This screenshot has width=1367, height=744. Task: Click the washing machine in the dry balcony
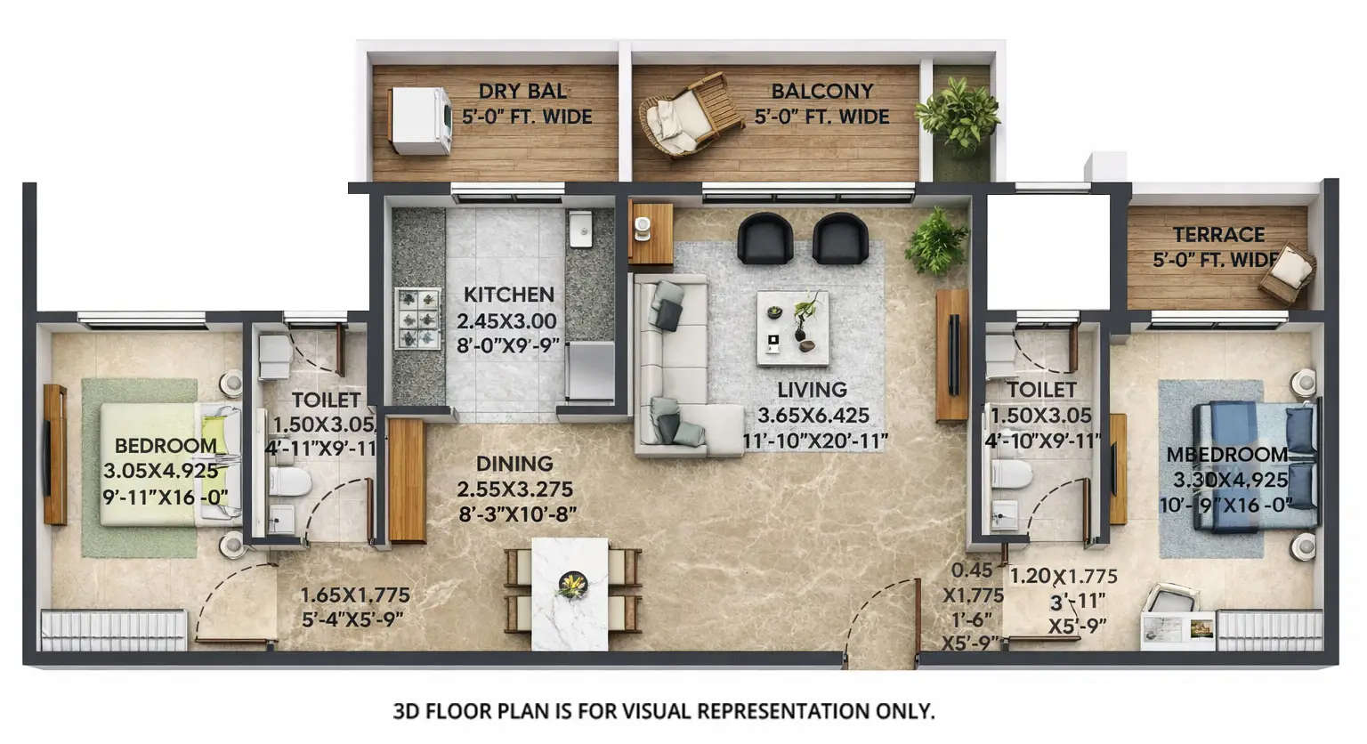pyautogui.click(x=421, y=120)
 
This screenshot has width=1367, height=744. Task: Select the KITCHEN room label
pyautogui.click(x=508, y=295)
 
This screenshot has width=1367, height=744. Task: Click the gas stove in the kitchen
pyautogui.click(x=417, y=318)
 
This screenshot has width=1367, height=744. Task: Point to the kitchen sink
pyautogui.click(x=580, y=229)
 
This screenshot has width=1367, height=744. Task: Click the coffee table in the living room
pyautogui.click(x=792, y=328)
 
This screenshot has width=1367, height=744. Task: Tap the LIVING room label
pyautogui.click(x=812, y=390)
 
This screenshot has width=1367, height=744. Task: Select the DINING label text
pyautogui.click(x=514, y=464)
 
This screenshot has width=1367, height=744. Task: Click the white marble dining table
pyautogui.click(x=570, y=594)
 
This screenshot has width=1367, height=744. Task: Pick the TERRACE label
pyautogui.click(x=1218, y=235)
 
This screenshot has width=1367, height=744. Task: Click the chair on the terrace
pyautogui.click(x=1287, y=273)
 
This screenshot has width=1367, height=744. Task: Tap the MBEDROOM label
pyautogui.click(x=1227, y=455)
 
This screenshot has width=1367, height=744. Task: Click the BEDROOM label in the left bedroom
pyautogui.click(x=166, y=446)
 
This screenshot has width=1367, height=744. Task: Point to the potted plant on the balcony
pyautogui.click(x=958, y=114)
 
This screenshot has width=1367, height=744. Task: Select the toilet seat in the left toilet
pyautogui.click(x=288, y=482)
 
